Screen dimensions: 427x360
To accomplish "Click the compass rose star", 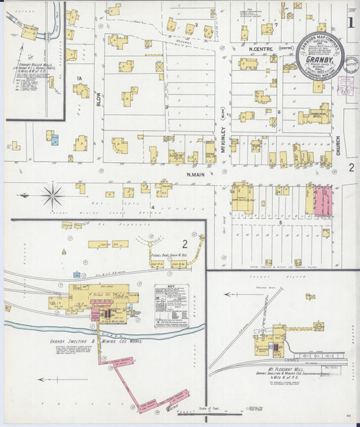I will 53,196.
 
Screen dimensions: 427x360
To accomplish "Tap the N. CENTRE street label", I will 260,49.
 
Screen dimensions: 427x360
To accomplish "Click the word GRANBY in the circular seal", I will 317,59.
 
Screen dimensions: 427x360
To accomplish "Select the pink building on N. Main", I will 323,201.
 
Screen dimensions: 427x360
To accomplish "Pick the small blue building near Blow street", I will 55,140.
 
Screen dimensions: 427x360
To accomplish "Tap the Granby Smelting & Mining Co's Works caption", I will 95,341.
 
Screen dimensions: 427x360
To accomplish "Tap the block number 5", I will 280,222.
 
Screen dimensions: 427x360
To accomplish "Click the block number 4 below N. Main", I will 154,206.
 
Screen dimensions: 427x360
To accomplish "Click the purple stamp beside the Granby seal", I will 346,84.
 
